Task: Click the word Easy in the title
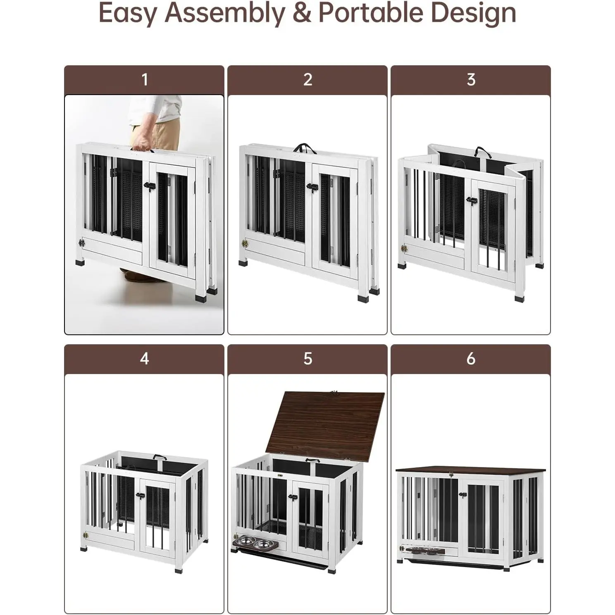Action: pos(128,14)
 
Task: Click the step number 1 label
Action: pos(144,79)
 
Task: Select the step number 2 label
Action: pos(307,79)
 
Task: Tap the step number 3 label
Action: pos(471,79)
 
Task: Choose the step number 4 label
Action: pos(144,358)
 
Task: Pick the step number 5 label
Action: pos(307,358)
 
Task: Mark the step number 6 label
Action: pos(471,358)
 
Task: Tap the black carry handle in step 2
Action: pos(305,148)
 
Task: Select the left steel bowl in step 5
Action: pos(246,539)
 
